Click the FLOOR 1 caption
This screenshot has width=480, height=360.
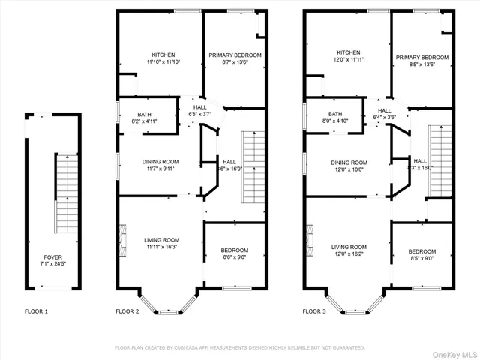click(x=37, y=310)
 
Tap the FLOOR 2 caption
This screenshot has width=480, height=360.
click(x=127, y=310)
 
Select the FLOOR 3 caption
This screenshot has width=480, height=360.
click(x=316, y=310)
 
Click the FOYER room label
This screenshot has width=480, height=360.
click(x=52, y=256)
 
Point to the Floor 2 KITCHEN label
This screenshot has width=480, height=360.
click(x=163, y=55)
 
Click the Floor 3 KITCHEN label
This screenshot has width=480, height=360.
click(x=348, y=52)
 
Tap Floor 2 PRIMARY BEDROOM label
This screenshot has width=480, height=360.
click(x=235, y=55)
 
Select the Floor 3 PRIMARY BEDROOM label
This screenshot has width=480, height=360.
click(x=422, y=58)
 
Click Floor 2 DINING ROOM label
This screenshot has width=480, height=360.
click(x=160, y=161)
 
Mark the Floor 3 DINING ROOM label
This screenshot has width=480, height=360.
click(x=349, y=163)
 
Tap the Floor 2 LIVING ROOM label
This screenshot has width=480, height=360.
click(x=162, y=239)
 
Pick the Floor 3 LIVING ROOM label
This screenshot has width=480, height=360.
click(x=349, y=247)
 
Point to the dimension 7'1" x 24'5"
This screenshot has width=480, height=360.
click(x=52, y=263)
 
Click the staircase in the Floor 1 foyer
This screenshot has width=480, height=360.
click(x=66, y=191)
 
